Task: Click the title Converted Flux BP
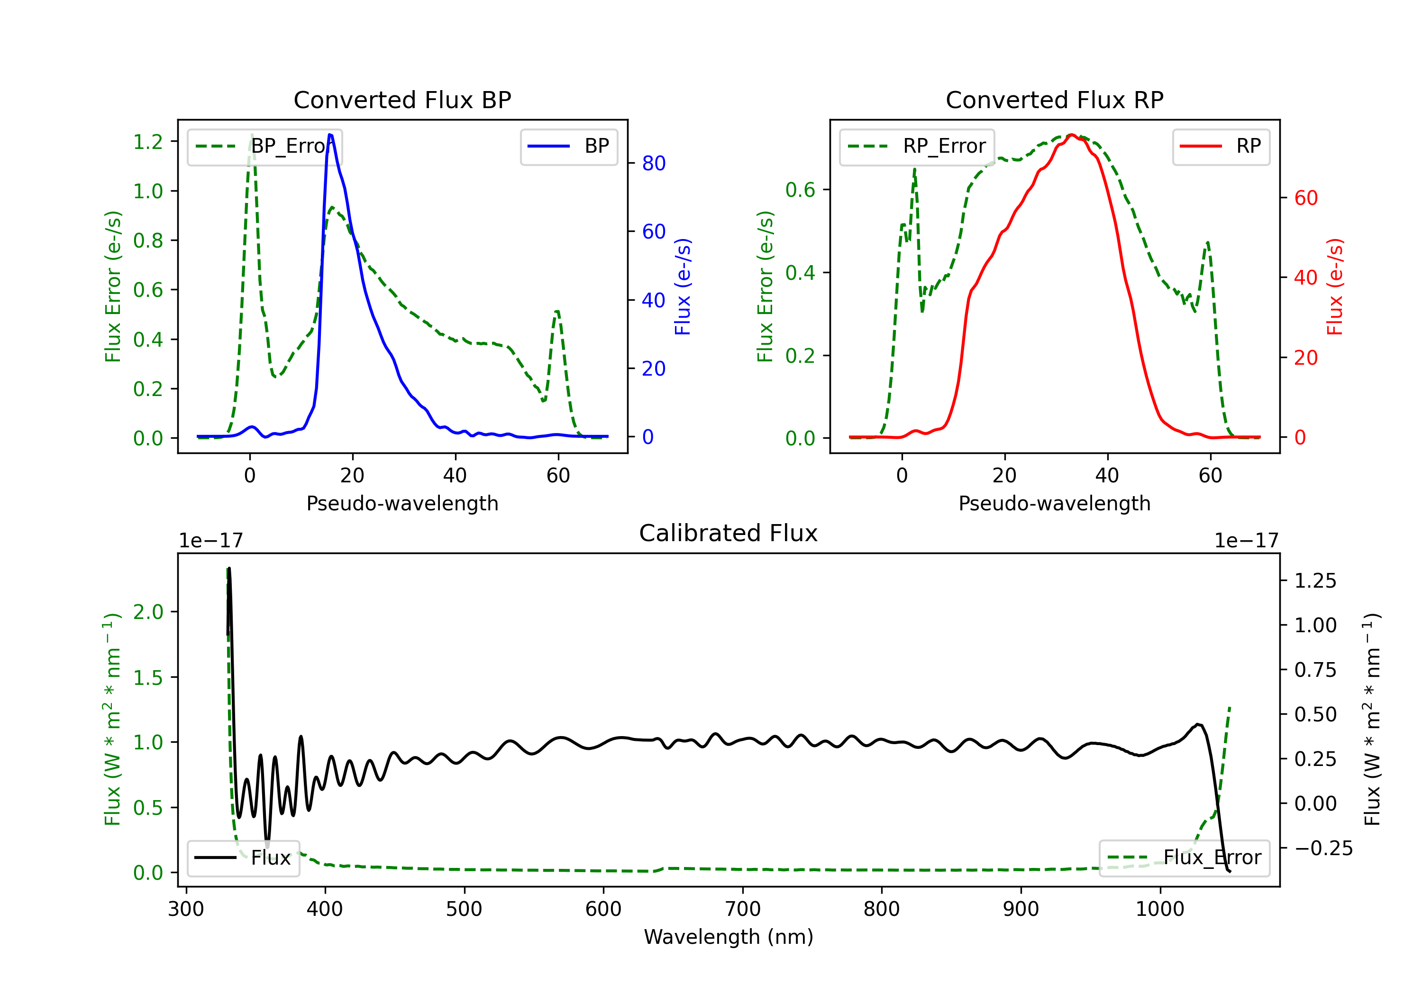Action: pyautogui.click(x=402, y=100)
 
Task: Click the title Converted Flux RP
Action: pyautogui.click(x=1054, y=100)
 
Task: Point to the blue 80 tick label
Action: pyautogui.click(x=653, y=164)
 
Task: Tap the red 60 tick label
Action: pyautogui.click(x=1305, y=198)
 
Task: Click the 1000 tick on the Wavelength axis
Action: pyautogui.click(x=1159, y=909)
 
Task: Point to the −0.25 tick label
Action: pyautogui.click(x=1323, y=848)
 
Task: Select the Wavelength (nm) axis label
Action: pyautogui.click(x=729, y=937)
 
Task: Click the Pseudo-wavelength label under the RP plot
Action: pyautogui.click(x=1054, y=503)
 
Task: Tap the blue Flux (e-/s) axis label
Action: pyautogui.click(x=683, y=286)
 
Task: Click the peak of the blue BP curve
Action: pyautogui.click(x=330, y=135)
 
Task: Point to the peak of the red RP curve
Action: pyautogui.click(x=1071, y=135)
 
